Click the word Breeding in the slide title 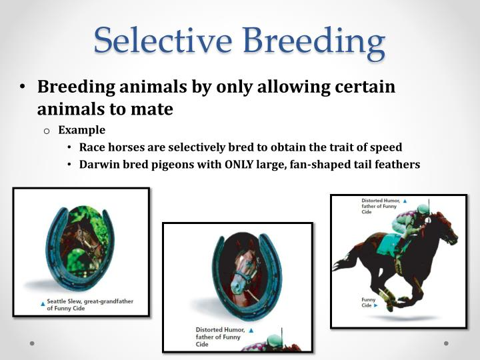click(313, 41)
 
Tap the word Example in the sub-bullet click(81, 130)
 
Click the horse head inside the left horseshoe click(83, 243)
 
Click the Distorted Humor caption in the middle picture click(219, 337)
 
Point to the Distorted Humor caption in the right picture click(380, 206)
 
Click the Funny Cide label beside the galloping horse click(369, 302)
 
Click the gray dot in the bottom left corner click(31, 343)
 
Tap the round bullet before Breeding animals click(23, 88)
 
